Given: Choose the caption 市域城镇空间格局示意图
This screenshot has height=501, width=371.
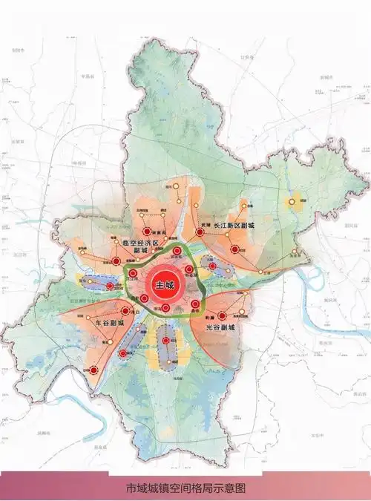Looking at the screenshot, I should pos(185,488).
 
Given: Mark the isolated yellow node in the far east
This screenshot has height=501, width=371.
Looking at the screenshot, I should pos(291,199).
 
